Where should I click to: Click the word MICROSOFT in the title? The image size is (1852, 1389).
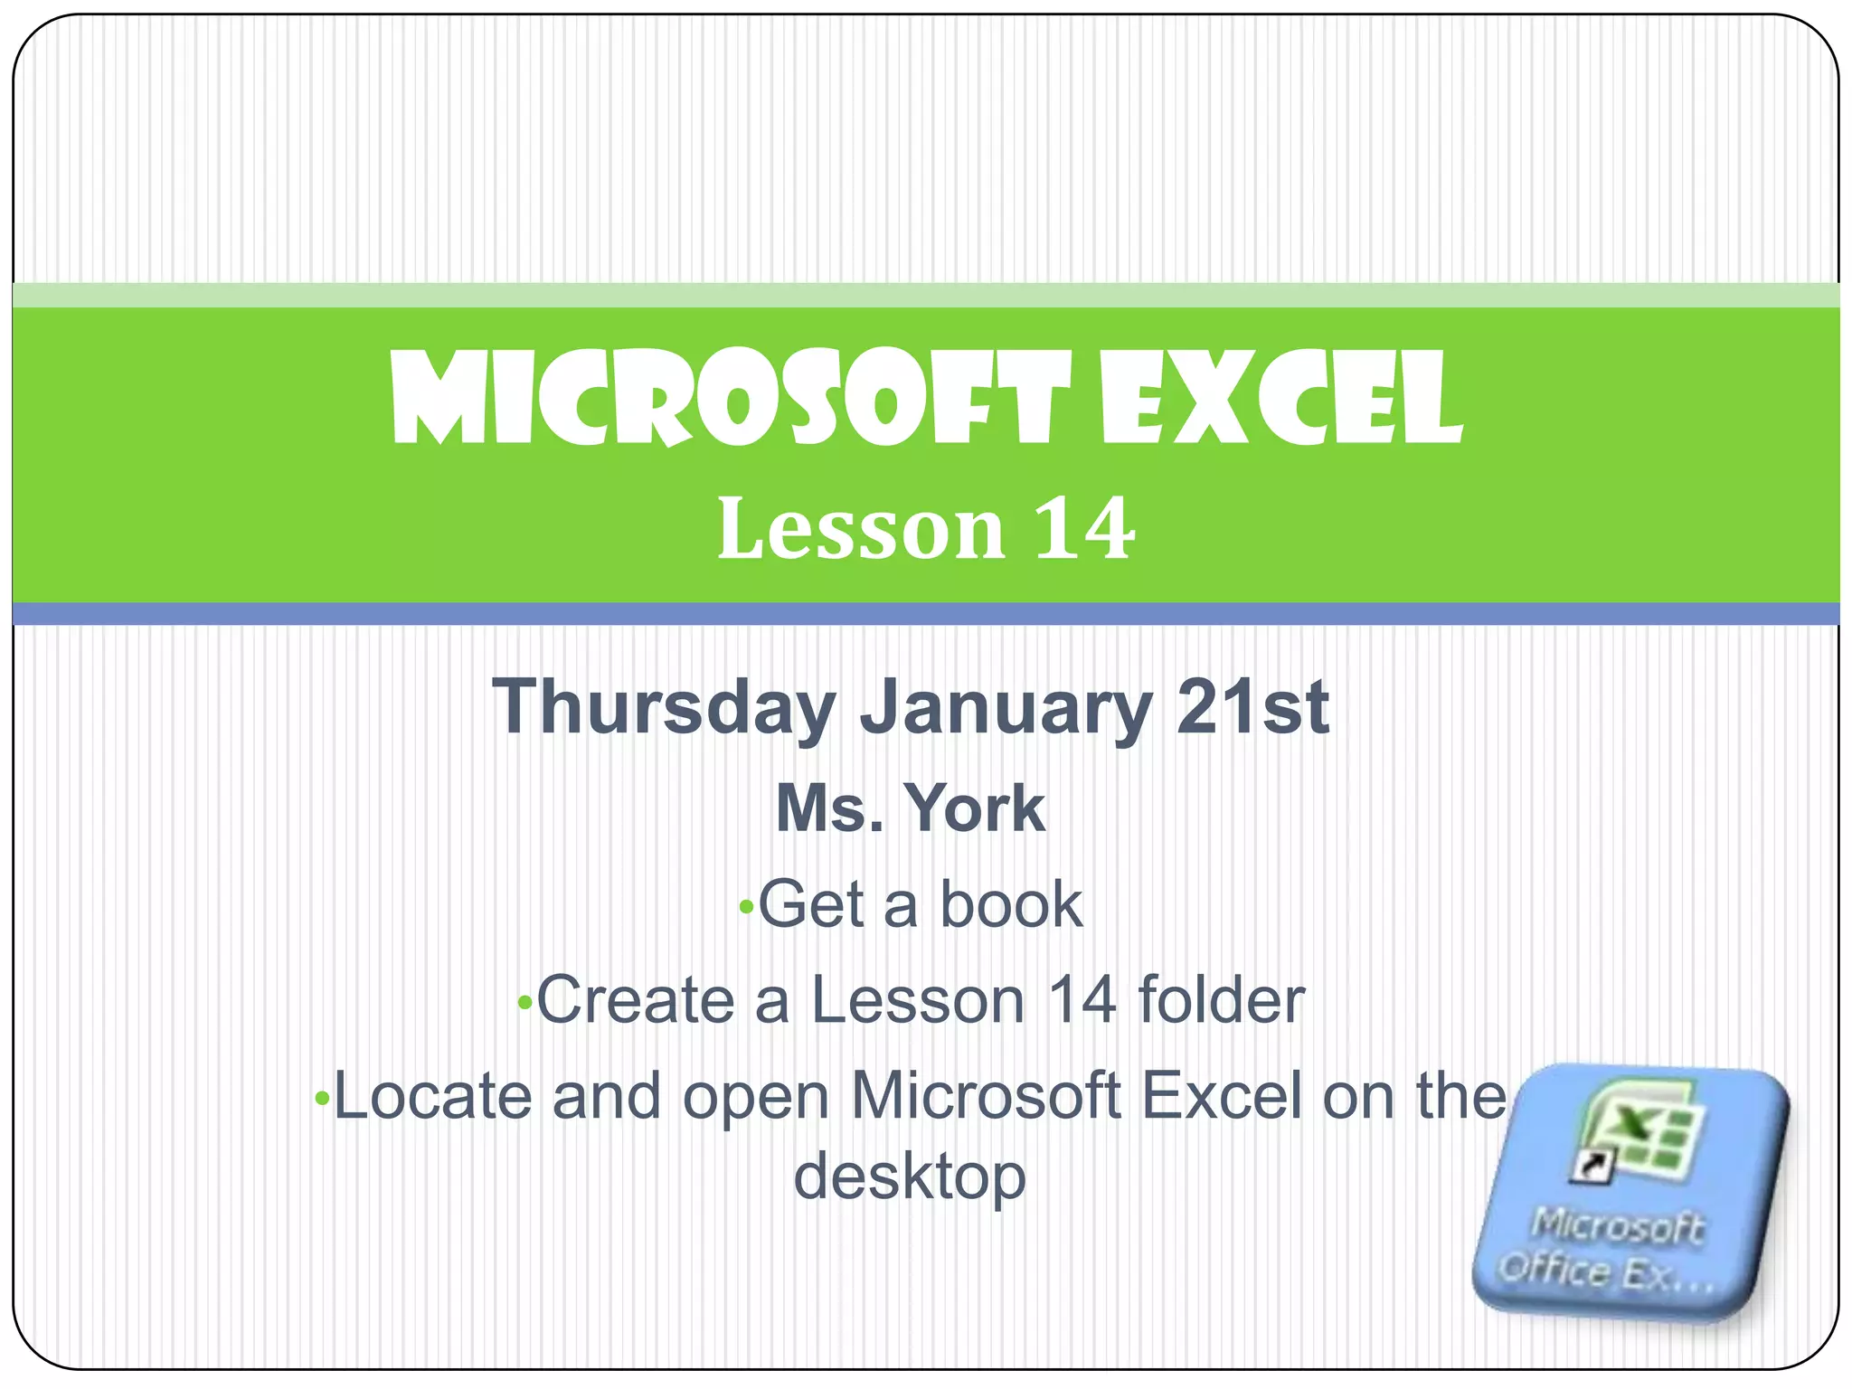click(x=729, y=399)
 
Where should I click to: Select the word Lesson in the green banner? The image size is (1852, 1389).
click(x=860, y=529)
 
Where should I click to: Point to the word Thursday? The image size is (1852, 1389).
click(x=664, y=708)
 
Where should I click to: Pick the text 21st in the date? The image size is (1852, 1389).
click(x=1252, y=706)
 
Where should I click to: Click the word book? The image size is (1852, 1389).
click(x=1011, y=904)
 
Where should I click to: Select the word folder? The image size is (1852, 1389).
click(x=1221, y=1000)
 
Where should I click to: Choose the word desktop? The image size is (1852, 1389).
click(x=910, y=1177)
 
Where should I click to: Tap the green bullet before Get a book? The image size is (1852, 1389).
click(x=746, y=907)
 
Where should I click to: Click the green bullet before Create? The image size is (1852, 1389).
click(x=524, y=1003)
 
